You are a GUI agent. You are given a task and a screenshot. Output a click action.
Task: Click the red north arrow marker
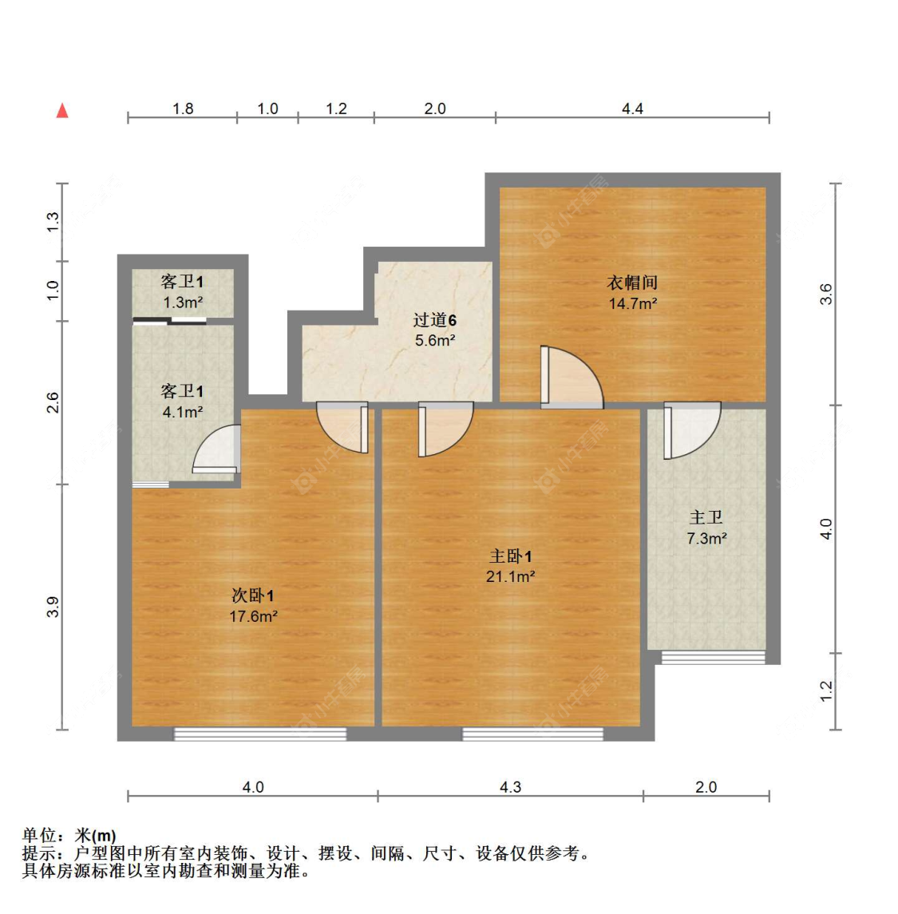tap(62, 110)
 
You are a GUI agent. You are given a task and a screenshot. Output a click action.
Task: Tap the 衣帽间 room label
tap(632, 283)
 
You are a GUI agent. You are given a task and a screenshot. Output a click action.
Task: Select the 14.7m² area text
tap(632, 303)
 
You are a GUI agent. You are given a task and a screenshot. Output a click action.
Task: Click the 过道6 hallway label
tap(435, 320)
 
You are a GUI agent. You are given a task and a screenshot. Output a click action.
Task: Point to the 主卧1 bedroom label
tap(511, 556)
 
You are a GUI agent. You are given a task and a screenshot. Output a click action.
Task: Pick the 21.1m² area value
tap(511, 577)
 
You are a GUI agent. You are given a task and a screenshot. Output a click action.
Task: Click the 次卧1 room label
tap(253, 595)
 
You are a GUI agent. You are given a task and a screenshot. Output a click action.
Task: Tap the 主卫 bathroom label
tap(706, 518)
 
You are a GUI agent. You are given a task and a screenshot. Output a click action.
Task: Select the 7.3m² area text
tap(706, 539)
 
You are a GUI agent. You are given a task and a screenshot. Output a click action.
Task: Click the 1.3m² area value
tap(183, 303)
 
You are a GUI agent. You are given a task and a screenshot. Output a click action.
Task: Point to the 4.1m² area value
tap(183, 412)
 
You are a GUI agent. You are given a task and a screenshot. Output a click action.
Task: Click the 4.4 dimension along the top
tap(632, 109)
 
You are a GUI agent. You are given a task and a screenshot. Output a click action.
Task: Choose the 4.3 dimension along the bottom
tap(510, 787)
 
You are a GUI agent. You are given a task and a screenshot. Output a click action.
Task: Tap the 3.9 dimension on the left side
tap(53, 607)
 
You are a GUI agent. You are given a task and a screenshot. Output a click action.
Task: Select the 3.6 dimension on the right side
tap(827, 294)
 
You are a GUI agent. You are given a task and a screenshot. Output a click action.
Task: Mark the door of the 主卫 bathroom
tap(691, 430)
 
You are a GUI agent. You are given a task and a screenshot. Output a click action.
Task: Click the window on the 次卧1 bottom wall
tap(260, 734)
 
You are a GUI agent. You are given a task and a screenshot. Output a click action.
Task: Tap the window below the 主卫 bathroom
tap(713, 659)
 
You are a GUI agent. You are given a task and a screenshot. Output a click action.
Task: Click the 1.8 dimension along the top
tap(183, 109)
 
